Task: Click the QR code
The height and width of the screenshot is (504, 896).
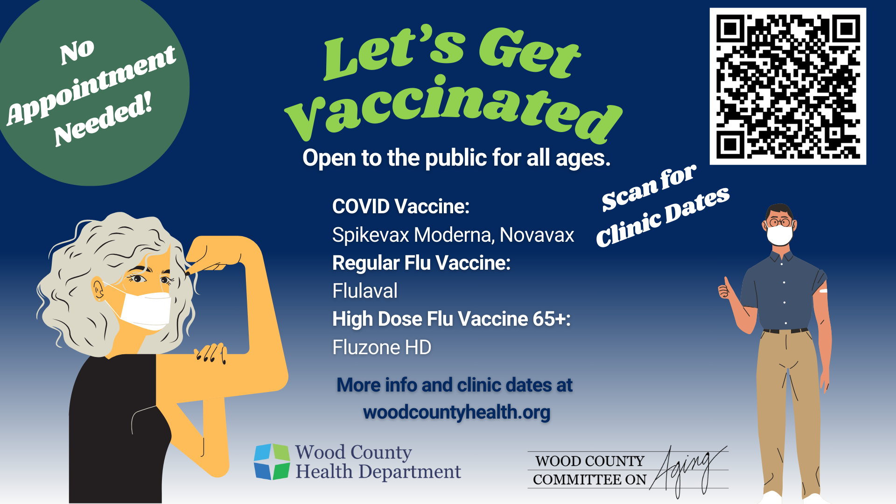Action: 788,86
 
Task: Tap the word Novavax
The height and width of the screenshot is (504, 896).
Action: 537,235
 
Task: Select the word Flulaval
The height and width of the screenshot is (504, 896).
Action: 365,291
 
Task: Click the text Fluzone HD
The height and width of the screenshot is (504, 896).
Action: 382,347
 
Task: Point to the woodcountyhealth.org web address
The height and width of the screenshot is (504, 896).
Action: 456,413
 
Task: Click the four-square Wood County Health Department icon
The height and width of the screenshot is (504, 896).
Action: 272,462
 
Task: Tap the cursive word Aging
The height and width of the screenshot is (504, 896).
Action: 686,469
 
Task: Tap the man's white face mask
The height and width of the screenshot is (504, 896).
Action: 779,235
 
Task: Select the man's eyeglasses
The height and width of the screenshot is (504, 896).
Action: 780,222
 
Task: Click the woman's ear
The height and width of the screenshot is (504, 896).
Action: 98,289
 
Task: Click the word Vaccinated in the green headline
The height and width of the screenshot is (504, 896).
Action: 453,110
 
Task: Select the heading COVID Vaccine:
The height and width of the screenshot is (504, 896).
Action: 401,206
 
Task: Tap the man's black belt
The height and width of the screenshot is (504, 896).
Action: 786,331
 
